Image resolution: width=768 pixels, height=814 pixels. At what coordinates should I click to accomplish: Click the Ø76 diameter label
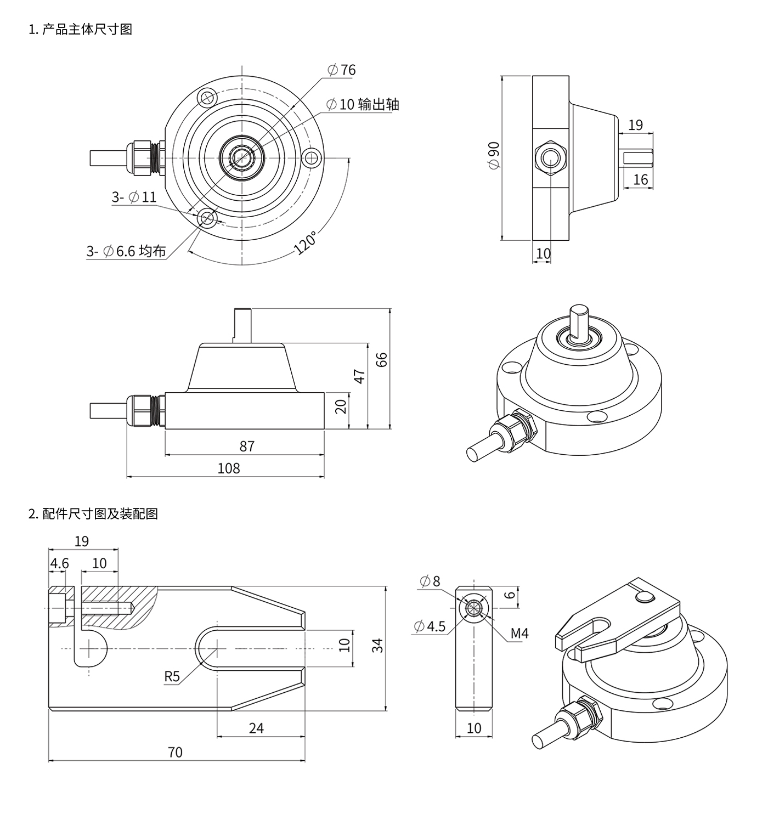pos(341,70)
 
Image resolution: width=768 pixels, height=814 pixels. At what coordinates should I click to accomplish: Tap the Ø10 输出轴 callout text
pos(363,104)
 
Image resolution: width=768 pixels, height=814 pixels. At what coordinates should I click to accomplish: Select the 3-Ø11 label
pos(134,197)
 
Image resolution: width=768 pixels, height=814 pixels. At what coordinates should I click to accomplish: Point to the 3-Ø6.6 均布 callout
pos(126,251)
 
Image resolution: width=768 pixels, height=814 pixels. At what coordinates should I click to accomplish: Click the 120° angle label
pos(306,243)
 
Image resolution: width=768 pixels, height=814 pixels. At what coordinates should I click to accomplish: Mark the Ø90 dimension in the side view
pos(493,156)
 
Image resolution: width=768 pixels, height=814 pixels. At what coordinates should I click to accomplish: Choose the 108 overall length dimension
pos(229,468)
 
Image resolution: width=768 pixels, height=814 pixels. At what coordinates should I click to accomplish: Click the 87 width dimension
pos(247,446)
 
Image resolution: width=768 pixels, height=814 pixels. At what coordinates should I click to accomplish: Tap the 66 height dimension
pos(382,359)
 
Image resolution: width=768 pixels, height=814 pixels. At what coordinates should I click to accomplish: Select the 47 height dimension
pos(359,376)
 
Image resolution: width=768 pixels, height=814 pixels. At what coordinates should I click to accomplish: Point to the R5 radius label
pos(172,676)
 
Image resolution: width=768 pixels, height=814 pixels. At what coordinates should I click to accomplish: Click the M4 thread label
pos(519,634)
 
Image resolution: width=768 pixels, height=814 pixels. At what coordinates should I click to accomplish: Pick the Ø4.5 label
pos(430,626)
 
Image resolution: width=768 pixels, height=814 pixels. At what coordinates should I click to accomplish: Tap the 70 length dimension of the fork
pos(175,752)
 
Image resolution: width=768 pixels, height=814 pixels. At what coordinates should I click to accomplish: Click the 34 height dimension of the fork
pos(377,646)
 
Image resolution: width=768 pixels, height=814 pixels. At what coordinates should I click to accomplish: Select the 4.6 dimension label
pos(59,563)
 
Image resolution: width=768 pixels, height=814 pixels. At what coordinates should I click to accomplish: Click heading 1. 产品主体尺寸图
pos(81,29)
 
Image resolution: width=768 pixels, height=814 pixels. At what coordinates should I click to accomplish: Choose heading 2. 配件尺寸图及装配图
pos(93,514)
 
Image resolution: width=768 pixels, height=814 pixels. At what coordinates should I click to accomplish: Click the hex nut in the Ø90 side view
pos(550,158)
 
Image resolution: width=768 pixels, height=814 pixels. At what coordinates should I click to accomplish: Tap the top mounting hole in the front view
pos(207,98)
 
